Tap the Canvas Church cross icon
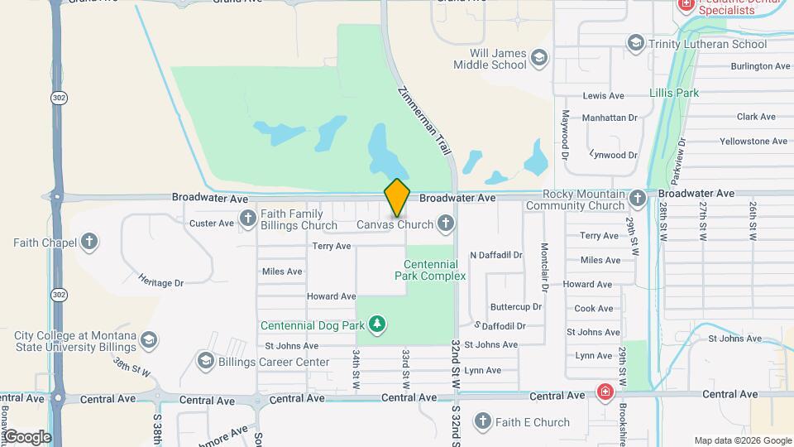coord(446,223)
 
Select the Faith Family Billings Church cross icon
coord(247,219)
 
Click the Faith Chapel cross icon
coord(89,243)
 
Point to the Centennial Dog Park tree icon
coord(377,323)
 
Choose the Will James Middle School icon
coord(539,58)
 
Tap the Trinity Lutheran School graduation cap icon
coord(635,43)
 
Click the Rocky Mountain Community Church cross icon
coord(637,199)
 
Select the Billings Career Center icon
coord(205,361)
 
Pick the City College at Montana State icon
coord(148,340)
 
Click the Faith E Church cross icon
coord(483,421)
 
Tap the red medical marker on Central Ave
coord(606,391)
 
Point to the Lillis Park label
coord(673,93)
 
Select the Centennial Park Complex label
coord(430,270)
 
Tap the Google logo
coord(27,436)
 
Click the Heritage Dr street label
coord(160,282)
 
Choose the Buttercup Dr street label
coord(515,306)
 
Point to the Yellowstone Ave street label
coord(753,141)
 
